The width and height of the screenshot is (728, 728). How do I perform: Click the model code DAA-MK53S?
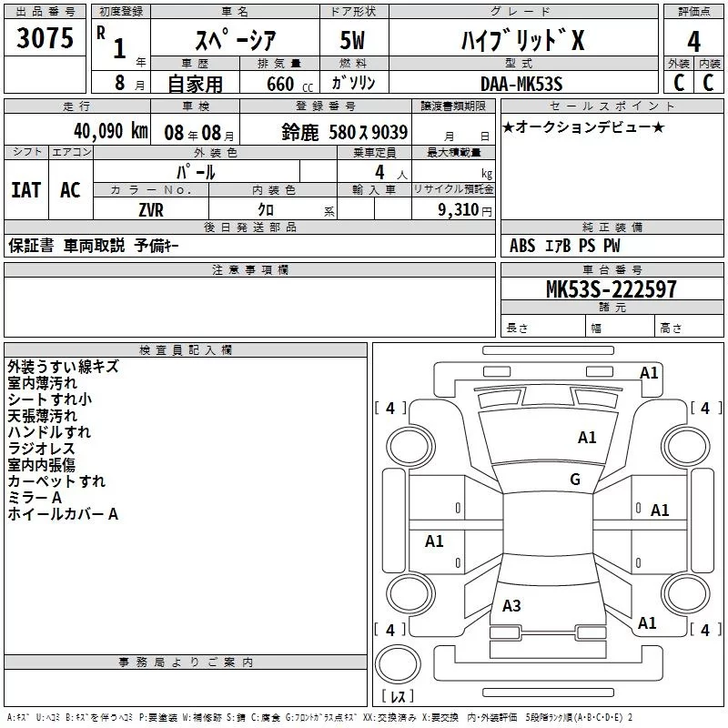521,83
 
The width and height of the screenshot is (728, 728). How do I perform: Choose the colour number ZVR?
150,208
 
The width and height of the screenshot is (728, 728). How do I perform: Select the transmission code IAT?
25,189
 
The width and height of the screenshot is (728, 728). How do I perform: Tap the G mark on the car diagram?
574,480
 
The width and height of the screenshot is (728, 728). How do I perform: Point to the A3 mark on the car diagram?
511,606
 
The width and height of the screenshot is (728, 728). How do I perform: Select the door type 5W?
354,41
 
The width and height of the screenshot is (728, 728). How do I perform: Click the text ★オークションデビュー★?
583,126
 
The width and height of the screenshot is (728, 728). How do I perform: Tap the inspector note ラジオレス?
41,449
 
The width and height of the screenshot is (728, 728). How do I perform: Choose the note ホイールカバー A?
63,514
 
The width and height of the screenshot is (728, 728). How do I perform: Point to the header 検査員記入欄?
186,349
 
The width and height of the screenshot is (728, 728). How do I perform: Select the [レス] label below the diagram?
398,696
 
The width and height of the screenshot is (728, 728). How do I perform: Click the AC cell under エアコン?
70,189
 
